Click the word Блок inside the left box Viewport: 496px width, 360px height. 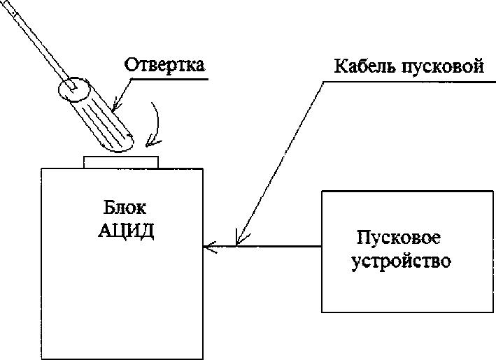(123, 208)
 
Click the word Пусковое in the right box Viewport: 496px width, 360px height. (398, 237)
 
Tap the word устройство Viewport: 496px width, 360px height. (399, 262)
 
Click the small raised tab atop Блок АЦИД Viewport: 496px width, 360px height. (121, 161)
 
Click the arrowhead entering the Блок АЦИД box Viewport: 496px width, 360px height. (208, 246)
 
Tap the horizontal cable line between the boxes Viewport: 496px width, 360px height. (280, 246)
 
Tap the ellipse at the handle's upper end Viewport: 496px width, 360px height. (73, 88)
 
